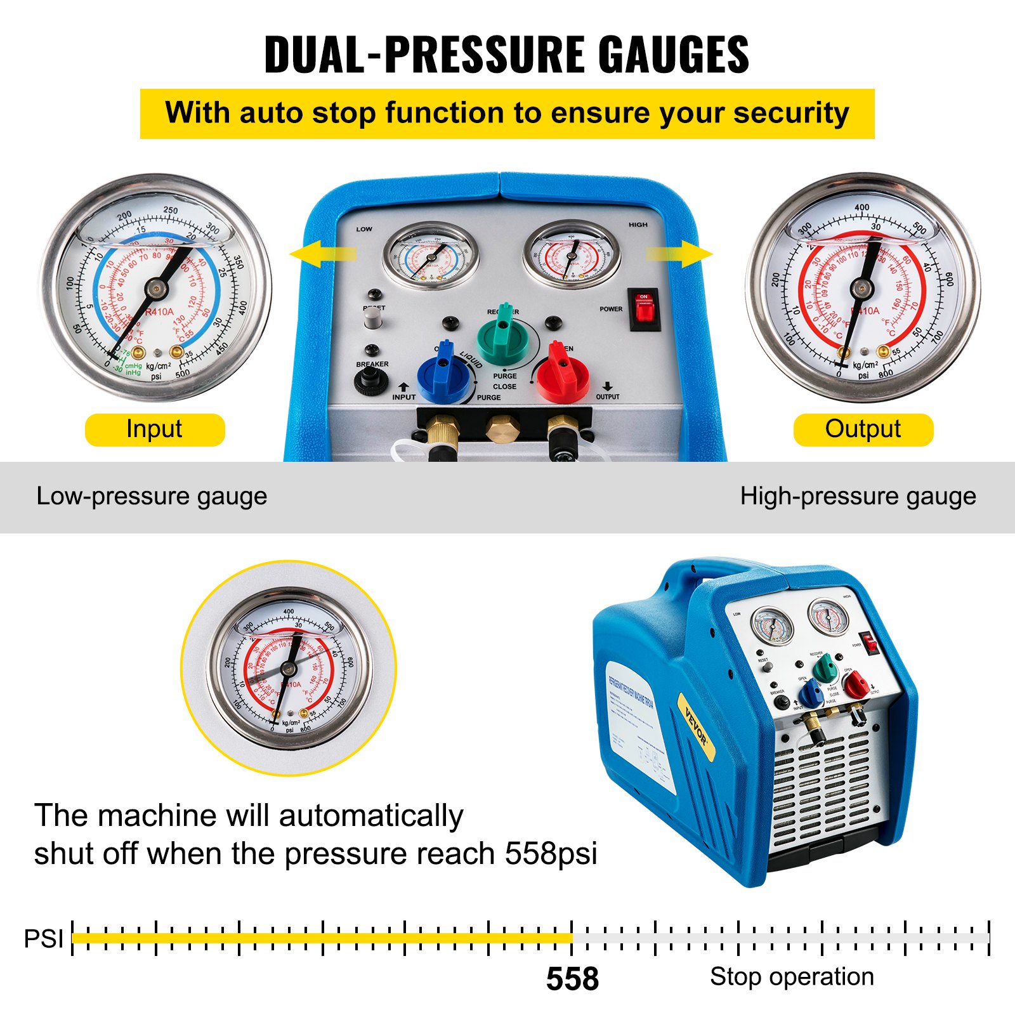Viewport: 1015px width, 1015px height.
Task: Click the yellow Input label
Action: (154, 429)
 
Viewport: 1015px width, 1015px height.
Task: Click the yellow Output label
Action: (863, 429)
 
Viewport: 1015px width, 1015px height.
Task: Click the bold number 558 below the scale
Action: (572, 979)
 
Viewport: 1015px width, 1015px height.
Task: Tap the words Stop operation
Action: (792, 976)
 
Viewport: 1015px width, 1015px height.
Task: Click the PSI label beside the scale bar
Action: (43, 939)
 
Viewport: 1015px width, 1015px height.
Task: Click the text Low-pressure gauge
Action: (152, 496)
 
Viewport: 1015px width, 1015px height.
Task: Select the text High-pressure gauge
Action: (858, 496)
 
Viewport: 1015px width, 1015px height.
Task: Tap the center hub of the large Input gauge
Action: (155, 289)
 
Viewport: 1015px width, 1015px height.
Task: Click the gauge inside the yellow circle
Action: (289, 668)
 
